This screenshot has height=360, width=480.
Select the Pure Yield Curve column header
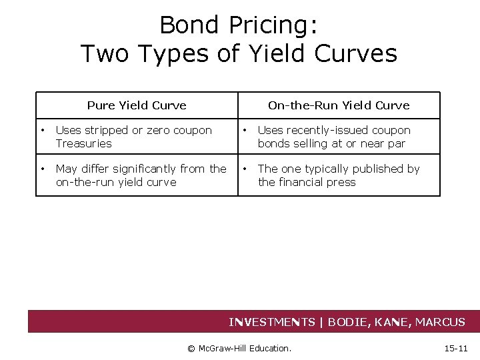pos(137,105)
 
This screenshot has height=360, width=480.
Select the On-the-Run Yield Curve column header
pos(339,105)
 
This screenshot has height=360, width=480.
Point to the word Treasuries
pos(84,143)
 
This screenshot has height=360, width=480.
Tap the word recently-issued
pos(323,131)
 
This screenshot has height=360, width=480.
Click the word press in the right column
pos(341,182)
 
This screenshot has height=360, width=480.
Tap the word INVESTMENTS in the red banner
pos(272,322)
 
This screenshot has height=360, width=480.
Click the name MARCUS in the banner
pos(440,322)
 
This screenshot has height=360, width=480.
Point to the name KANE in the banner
pos(397,322)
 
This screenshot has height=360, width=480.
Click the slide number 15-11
pos(456,348)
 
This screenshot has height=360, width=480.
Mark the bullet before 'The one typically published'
pos(244,169)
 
